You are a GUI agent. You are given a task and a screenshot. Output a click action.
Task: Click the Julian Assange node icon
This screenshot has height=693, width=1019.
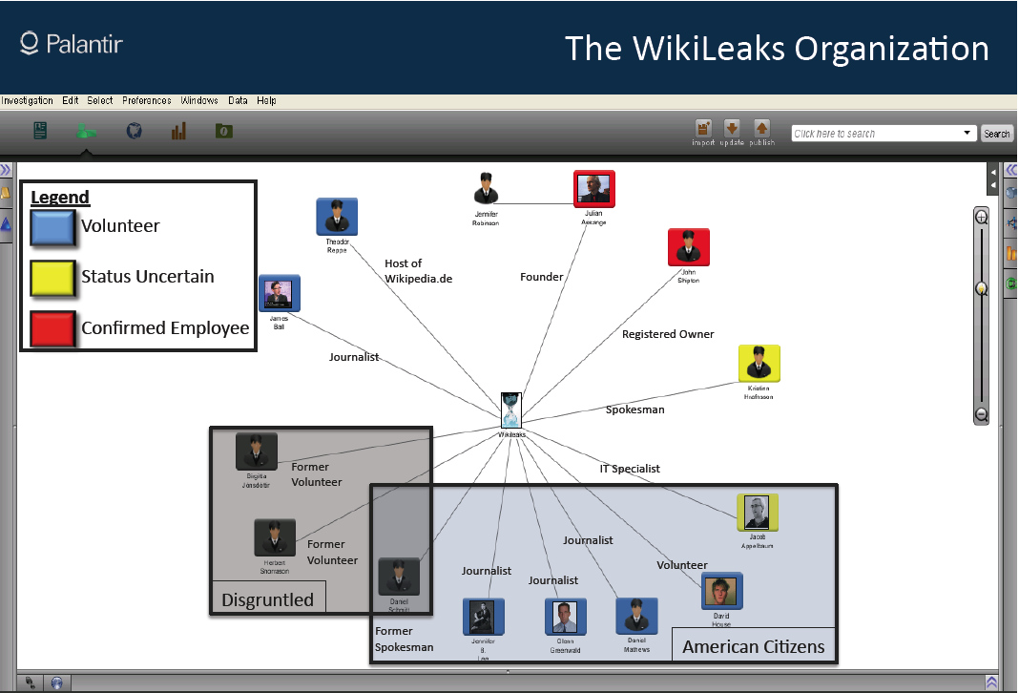coord(594,189)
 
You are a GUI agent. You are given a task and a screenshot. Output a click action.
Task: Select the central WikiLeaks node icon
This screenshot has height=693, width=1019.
coord(511,409)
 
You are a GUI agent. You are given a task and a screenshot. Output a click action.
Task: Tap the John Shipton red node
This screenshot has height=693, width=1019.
coord(688,247)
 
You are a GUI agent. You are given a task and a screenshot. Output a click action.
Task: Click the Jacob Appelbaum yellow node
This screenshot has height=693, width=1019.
coord(758,513)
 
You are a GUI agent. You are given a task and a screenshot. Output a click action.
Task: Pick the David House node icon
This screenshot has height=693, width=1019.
coord(721,592)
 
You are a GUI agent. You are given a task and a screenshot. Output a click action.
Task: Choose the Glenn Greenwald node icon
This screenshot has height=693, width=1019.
coord(565,618)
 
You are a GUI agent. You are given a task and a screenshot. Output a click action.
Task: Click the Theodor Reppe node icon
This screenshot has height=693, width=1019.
coord(337,217)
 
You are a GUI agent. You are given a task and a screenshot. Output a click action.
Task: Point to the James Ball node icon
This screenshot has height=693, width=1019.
coord(279,293)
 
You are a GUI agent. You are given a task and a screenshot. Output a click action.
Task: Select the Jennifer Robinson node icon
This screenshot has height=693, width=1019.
coord(486,189)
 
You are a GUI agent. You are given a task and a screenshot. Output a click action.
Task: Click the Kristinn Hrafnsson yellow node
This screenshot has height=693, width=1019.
coord(759,365)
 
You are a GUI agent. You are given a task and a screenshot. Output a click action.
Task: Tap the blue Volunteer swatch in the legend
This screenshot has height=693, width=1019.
coord(53,226)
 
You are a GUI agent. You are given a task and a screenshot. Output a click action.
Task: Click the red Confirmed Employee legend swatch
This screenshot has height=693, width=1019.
coord(53,327)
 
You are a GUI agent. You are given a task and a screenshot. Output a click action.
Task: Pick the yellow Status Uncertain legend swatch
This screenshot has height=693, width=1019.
coord(53,277)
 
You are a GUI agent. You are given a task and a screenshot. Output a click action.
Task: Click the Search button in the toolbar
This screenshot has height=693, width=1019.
coord(996,134)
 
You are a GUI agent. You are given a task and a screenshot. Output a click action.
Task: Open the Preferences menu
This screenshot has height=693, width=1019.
coord(146,100)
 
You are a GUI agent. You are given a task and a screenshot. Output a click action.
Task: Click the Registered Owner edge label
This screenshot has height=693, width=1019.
coord(668,334)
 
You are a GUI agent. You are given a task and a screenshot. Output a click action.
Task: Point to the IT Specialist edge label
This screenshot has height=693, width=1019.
coord(630,469)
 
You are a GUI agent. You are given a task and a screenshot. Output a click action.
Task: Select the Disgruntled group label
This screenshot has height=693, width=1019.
coord(267,599)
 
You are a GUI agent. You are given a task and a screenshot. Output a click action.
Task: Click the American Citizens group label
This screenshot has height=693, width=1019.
coord(753,646)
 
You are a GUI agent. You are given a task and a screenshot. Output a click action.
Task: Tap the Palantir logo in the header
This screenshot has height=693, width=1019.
coord(72,44)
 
